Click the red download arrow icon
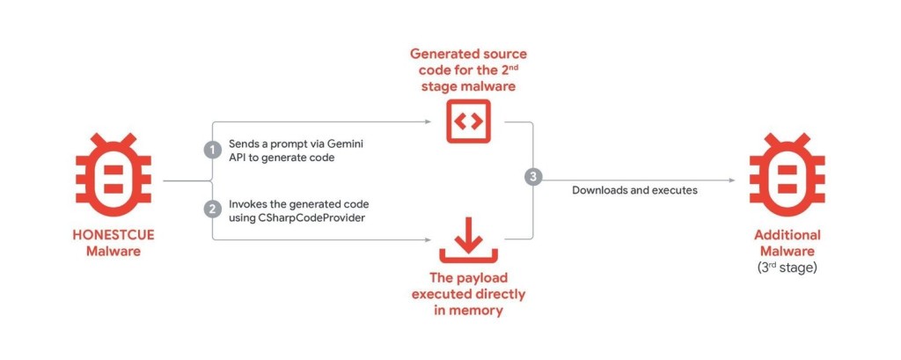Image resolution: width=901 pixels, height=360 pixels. pos(466,237)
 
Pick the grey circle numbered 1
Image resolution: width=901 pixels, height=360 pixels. pos(211,150)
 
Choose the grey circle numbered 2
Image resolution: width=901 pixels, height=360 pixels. pos(211,209)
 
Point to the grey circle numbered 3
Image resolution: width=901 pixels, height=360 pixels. pos(533,178)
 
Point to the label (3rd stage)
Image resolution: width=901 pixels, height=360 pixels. pos(787,267)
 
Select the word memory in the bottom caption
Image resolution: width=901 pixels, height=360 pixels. pos(476,310)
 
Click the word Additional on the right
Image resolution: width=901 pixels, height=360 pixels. pos(787,235)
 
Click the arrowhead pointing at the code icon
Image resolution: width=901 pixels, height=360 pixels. pos(431,121)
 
